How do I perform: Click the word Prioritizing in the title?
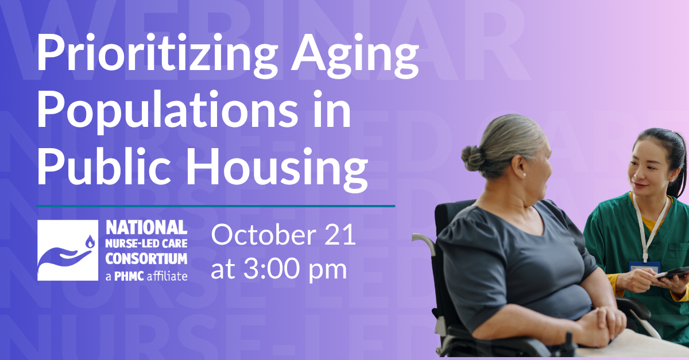click(x=157, y=55)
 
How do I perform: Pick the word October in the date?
click(x=264, y=235)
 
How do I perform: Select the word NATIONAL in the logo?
click(x=146, y=228)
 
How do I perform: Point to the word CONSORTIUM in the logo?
click(x=146, y=259)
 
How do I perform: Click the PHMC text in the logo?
click(x=129, y=276)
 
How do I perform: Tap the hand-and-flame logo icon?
click(x=68, y=250)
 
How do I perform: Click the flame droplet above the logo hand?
click(x=90, y=242)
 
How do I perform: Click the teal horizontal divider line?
click(x=216, y=206)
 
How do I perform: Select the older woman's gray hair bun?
click(x=473, y=158)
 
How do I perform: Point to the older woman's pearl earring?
click(x=524, y=175)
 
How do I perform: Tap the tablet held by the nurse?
click(x=673, y=273)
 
